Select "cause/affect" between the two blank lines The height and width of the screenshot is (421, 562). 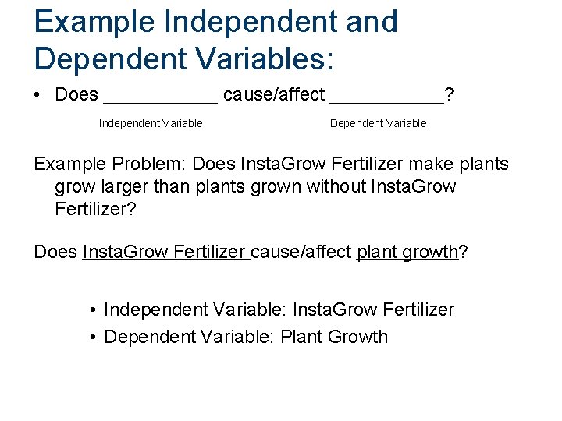point(273,95)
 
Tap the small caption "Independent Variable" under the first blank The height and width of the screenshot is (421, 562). point(151,123)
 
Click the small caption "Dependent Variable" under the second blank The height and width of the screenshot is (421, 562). point(379,123)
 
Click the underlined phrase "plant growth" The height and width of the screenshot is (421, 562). point(407,252)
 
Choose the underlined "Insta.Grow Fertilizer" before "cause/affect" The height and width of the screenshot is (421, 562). point(165,252)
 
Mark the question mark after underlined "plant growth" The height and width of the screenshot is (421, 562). point(463,252)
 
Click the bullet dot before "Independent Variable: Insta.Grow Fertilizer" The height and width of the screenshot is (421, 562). point(93,310)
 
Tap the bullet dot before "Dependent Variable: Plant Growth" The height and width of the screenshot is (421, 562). point(93,338)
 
